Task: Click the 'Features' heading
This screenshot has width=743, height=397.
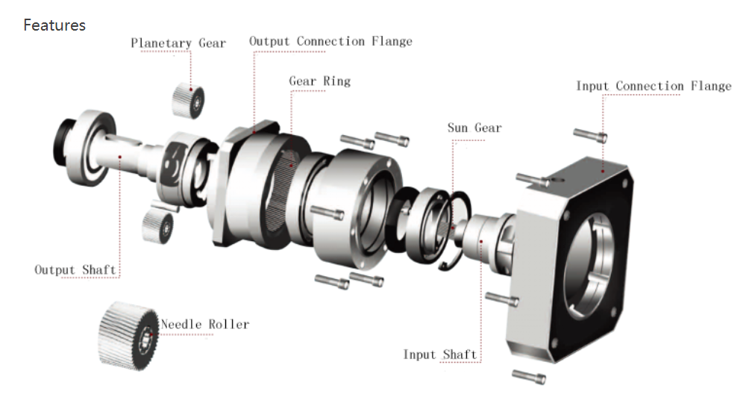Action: (x=54, y=25)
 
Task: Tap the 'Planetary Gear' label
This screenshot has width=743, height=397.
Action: (x=178, y=43)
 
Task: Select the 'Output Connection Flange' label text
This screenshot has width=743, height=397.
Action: (x=330, y=41)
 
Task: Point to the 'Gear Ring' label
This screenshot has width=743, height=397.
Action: (x=319, y=81)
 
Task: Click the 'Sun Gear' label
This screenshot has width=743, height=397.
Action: (x=474, y=128)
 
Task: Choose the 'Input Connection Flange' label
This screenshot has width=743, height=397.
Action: (x=653, y=87)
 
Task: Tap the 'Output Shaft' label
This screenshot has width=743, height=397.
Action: (x=75, y=269)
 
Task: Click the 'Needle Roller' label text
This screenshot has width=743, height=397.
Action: (x=204, y=325)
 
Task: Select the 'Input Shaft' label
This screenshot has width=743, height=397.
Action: (x=440, y=354)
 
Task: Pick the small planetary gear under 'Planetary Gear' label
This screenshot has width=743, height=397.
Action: (x=188, y=101)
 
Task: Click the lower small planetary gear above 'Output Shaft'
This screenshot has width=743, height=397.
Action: (x=157, y=224)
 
